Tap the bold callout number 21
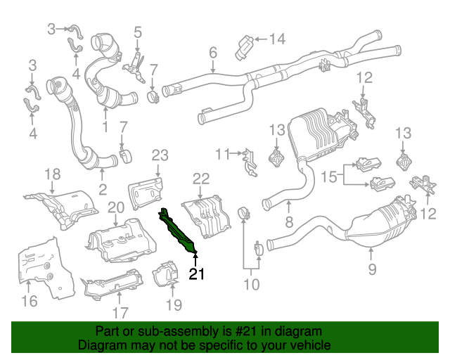197,274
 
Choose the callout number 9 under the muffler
372,269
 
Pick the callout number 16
28,302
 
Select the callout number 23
160,155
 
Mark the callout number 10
251,284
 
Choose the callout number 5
138,32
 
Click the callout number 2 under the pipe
103,188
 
